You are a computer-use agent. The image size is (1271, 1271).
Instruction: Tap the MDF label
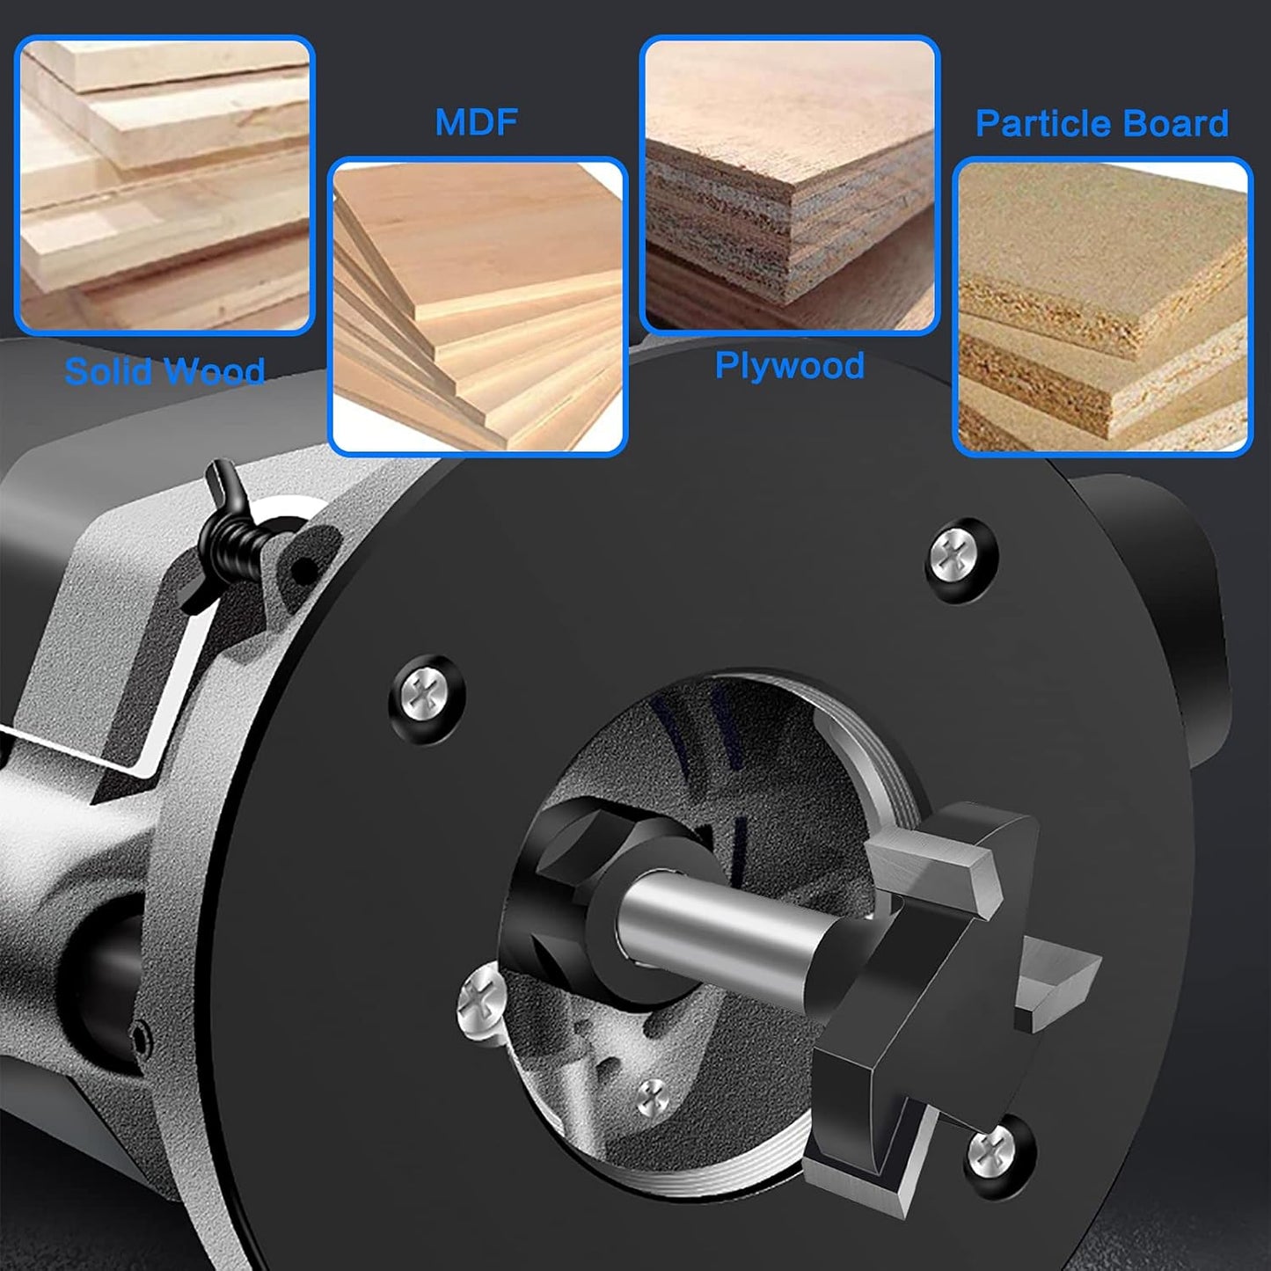click(x=476, y=122)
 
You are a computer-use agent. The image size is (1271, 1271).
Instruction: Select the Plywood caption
click(x=789, y=365)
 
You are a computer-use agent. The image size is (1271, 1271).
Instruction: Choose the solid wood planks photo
click(x=164, y=185)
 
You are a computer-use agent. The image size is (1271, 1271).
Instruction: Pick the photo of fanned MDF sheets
click(x=477, y=306)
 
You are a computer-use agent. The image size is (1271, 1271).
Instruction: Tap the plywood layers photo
click(x=789, y=185)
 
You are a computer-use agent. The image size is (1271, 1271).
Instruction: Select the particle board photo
click(x=1102, y=306)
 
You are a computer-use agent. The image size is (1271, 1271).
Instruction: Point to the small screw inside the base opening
click(x=652, y=1097)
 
